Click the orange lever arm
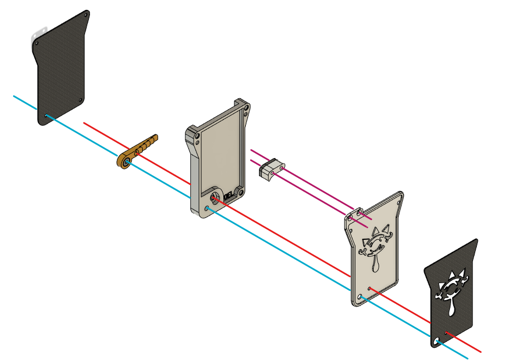tap(144, 148)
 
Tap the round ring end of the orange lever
tap(126, 162)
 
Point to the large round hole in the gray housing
tap(215, 196)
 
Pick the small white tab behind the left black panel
tap(39, 32)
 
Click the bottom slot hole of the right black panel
tap(437, 342)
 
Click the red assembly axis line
tap(285, 237)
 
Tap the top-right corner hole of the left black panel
tap(86, 16)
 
